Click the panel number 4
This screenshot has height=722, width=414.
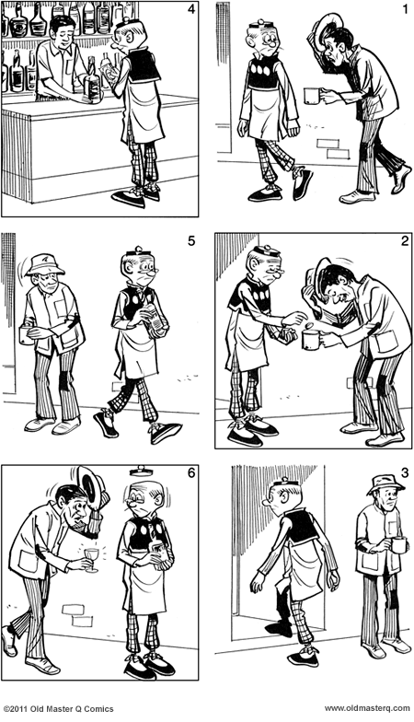[x=191, y=9]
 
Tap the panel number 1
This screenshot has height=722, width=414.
[x=405, y=9]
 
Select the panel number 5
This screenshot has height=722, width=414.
[x=191, y=241]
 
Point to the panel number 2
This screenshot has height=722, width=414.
[x=405, y=241]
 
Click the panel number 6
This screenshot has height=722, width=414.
[x=191, y=473]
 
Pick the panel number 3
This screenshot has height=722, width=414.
[x=405, y=473]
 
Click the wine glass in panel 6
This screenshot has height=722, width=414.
[x=92, y=559]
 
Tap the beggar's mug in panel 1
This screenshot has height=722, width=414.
[x=313, y=96]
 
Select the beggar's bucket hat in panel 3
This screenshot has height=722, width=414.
[x=385, y=483]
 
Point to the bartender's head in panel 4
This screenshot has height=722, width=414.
[x=63, y=29]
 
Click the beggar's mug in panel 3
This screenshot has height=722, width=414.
[x=398, y=545]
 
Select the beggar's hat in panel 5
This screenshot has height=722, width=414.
[x=44, y=264]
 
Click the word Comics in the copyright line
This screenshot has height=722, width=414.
[x=97, y=709]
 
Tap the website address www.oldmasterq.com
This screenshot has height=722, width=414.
[x=367, y=709]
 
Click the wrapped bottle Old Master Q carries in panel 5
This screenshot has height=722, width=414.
[x=156, y=320]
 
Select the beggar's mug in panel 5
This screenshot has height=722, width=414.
[x=26, y=335]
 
